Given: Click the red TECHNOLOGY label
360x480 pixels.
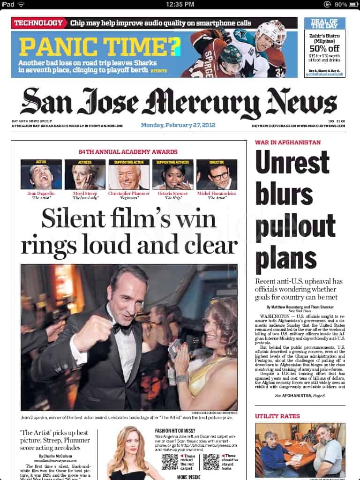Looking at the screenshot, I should pos(38,22).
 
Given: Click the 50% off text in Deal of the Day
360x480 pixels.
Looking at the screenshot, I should pos(324,48).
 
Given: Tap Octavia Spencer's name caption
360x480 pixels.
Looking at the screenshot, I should pos(172,193).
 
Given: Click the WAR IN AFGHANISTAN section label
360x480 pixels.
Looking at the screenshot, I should pos(288,142).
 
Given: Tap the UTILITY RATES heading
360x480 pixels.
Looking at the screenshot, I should pos(277,416).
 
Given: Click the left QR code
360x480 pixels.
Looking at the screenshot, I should pos(170,462).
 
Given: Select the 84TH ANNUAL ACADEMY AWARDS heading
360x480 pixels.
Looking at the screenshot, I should pos(128,151).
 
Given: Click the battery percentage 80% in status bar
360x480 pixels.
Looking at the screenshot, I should pos(341,4).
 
